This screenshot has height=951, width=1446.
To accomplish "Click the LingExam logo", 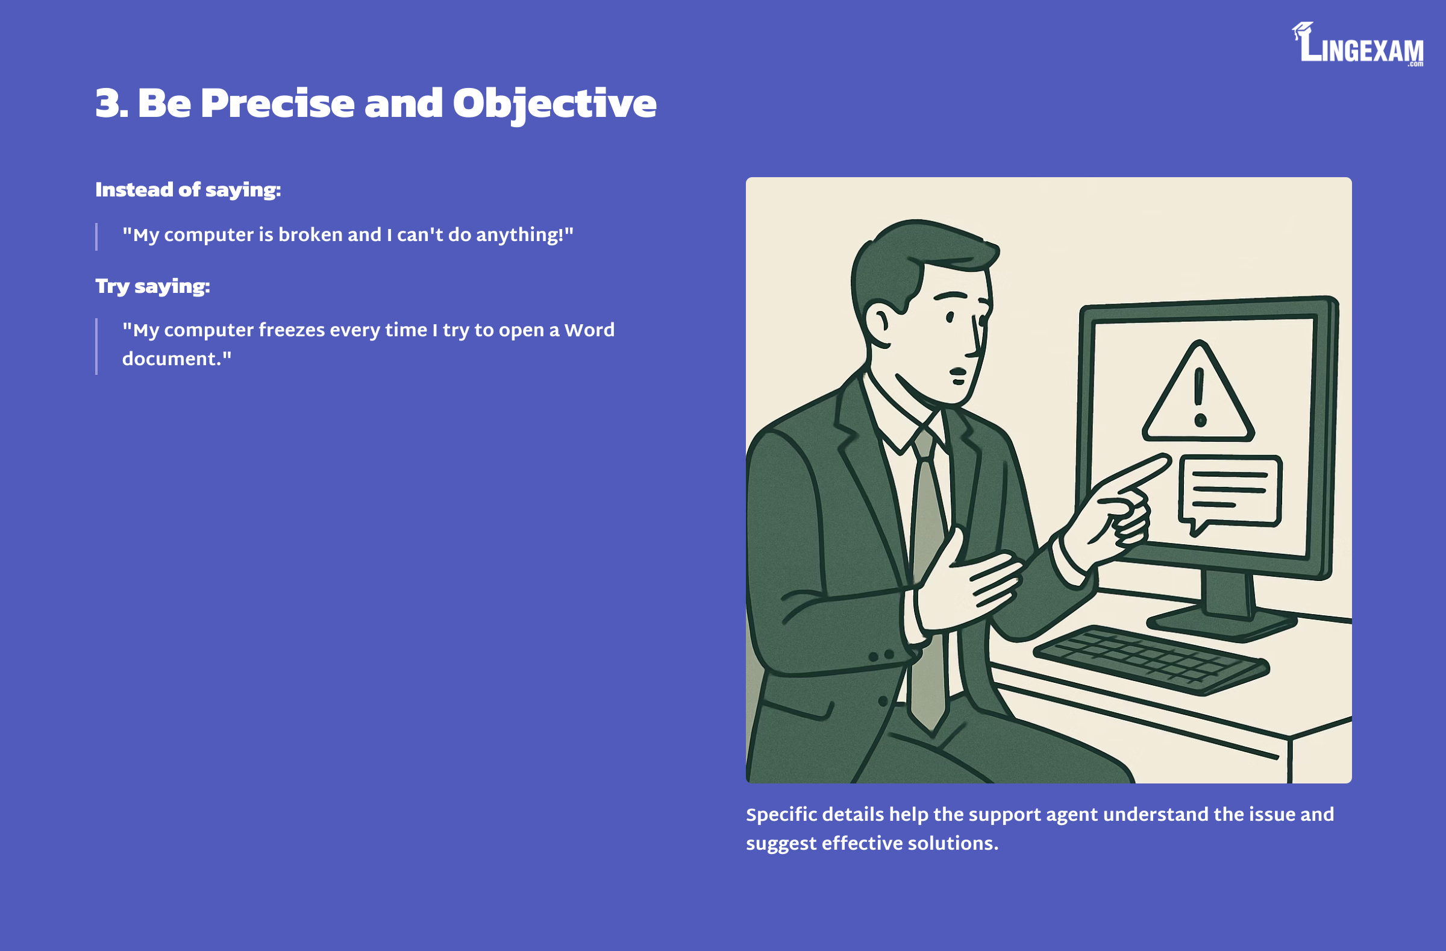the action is [1357, 45].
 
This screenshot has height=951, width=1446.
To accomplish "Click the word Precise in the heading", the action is [278, 103].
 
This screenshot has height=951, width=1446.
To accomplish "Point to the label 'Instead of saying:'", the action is [188, 190].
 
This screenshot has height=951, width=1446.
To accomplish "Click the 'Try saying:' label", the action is [152, 286].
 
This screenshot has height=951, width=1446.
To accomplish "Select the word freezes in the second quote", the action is [292, 330].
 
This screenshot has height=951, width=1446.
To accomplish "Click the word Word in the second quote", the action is [589, 330].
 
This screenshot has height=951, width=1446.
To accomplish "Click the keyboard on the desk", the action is [1151, 661].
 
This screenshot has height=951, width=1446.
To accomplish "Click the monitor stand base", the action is [1221, 621].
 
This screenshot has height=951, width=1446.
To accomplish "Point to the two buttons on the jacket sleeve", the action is [881, 656].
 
